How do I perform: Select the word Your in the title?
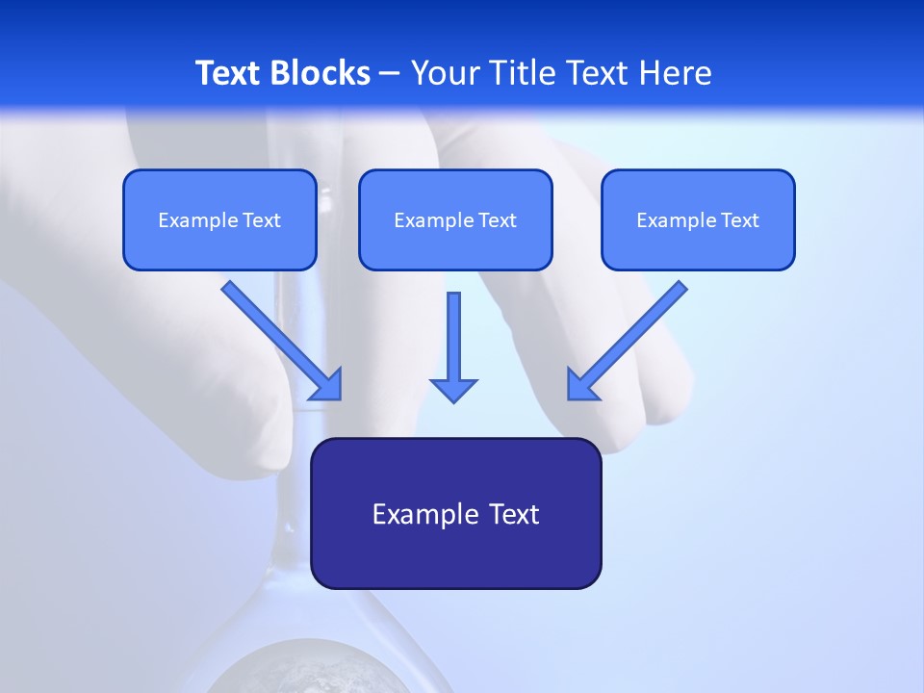(447, 73)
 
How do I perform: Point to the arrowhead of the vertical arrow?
(453, 390)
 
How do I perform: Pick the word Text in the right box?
(739, 220)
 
